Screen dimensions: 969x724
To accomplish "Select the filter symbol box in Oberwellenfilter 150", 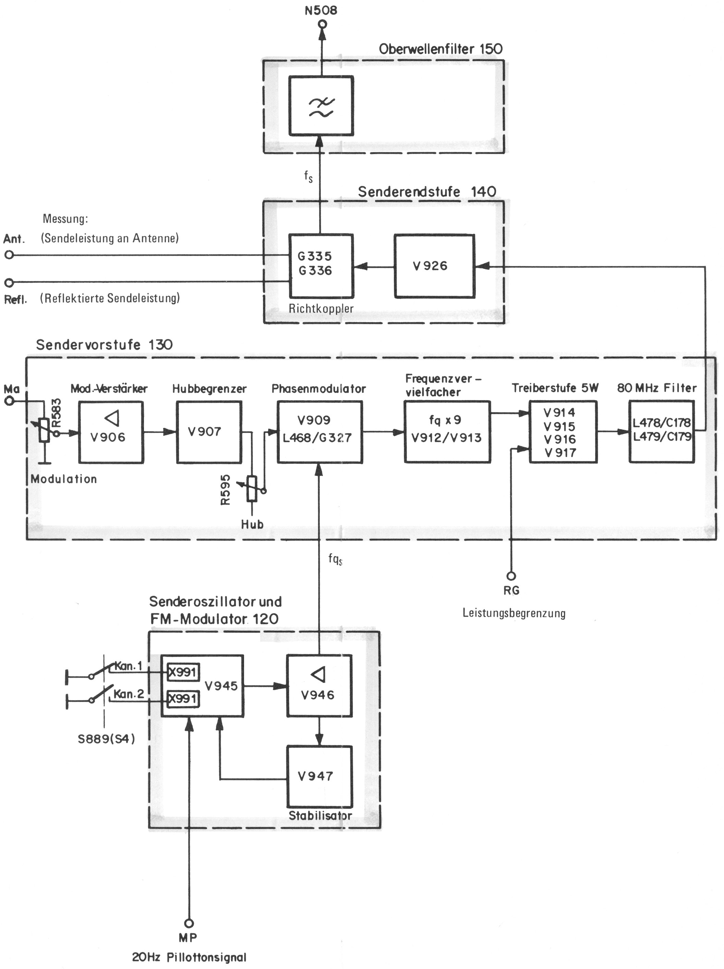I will coord(321,106).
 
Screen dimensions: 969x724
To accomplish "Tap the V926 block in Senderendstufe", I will coord(434,266).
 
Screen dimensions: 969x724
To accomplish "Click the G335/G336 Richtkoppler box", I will coord(321,266).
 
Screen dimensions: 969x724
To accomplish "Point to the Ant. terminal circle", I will coord(9,255).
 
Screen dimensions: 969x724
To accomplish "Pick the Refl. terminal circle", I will coord(9,282).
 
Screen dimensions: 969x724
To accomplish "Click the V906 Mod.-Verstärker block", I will coord(111,432).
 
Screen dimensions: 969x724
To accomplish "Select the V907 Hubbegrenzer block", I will coord(209,432).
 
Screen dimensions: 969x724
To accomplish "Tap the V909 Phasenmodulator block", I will coord(319,432).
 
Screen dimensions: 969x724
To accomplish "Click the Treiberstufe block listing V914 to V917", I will coord(563,432).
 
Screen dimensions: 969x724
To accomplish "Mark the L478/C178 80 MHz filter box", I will coord(661,432).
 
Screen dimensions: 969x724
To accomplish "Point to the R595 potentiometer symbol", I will coord(252,488).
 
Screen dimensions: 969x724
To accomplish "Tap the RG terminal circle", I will coord(511,576).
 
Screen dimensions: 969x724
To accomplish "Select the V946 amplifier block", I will coord(319,686).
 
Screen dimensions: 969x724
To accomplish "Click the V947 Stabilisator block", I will coord(319,776).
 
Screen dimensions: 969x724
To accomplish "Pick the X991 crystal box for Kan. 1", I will coord(183,672).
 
